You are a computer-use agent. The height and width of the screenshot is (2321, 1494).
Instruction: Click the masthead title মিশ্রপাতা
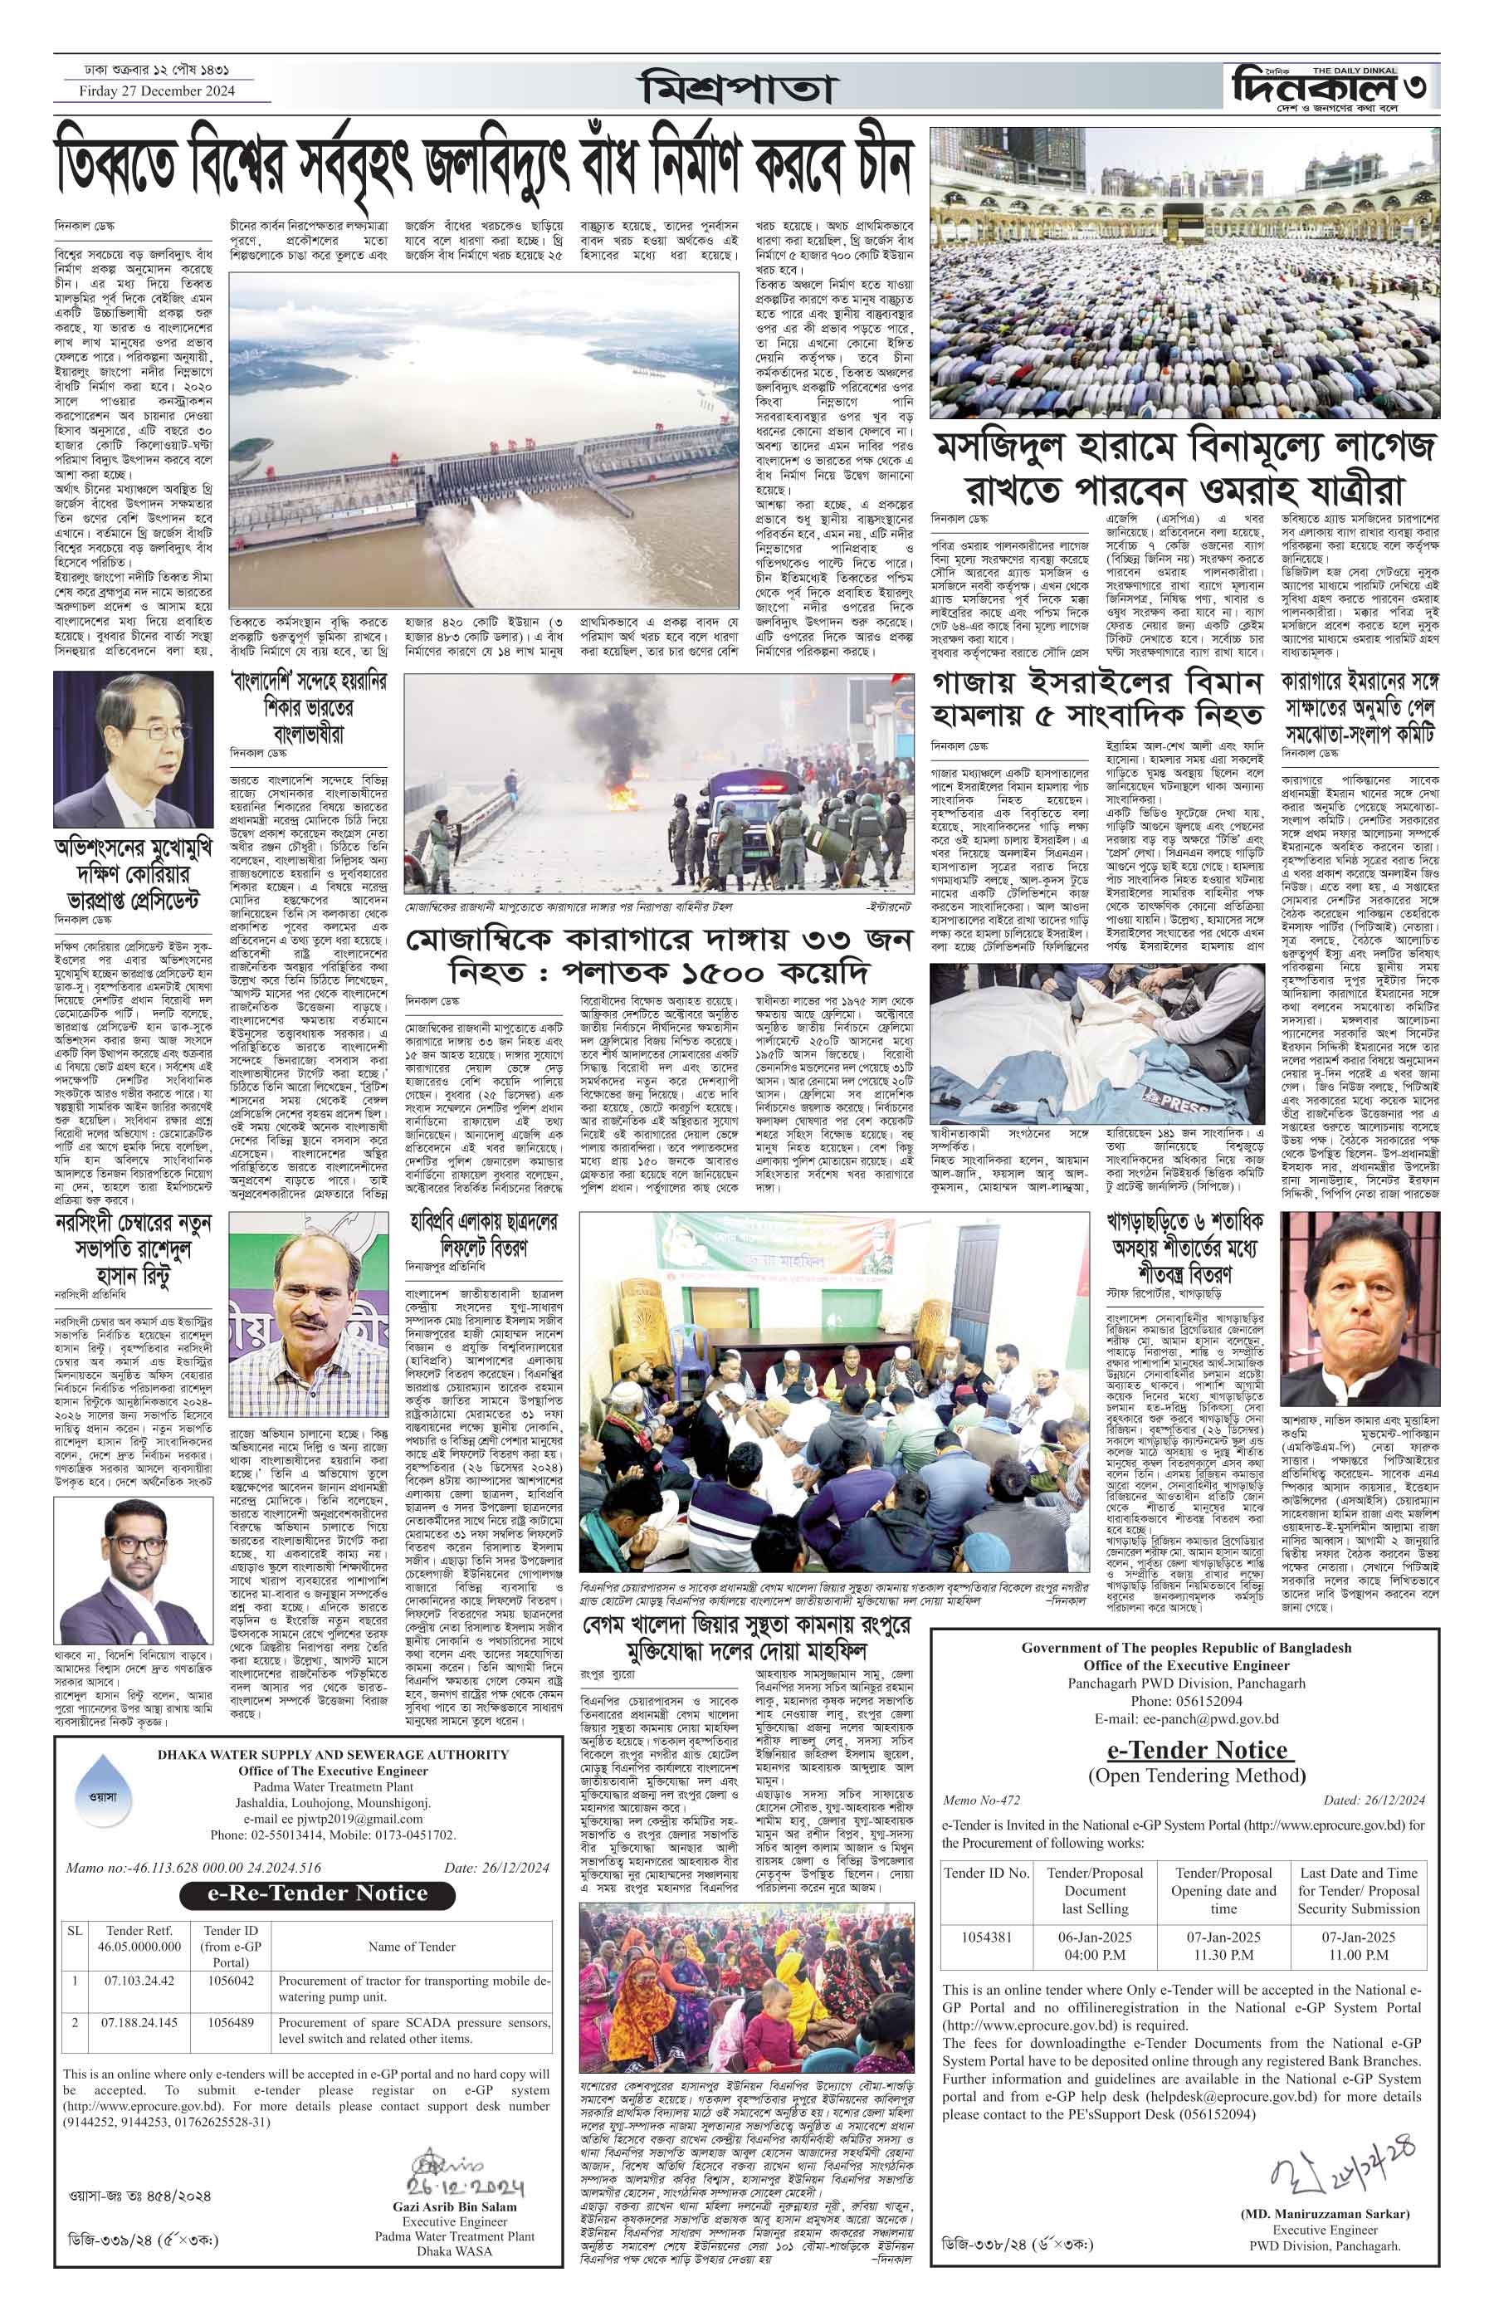736,90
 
